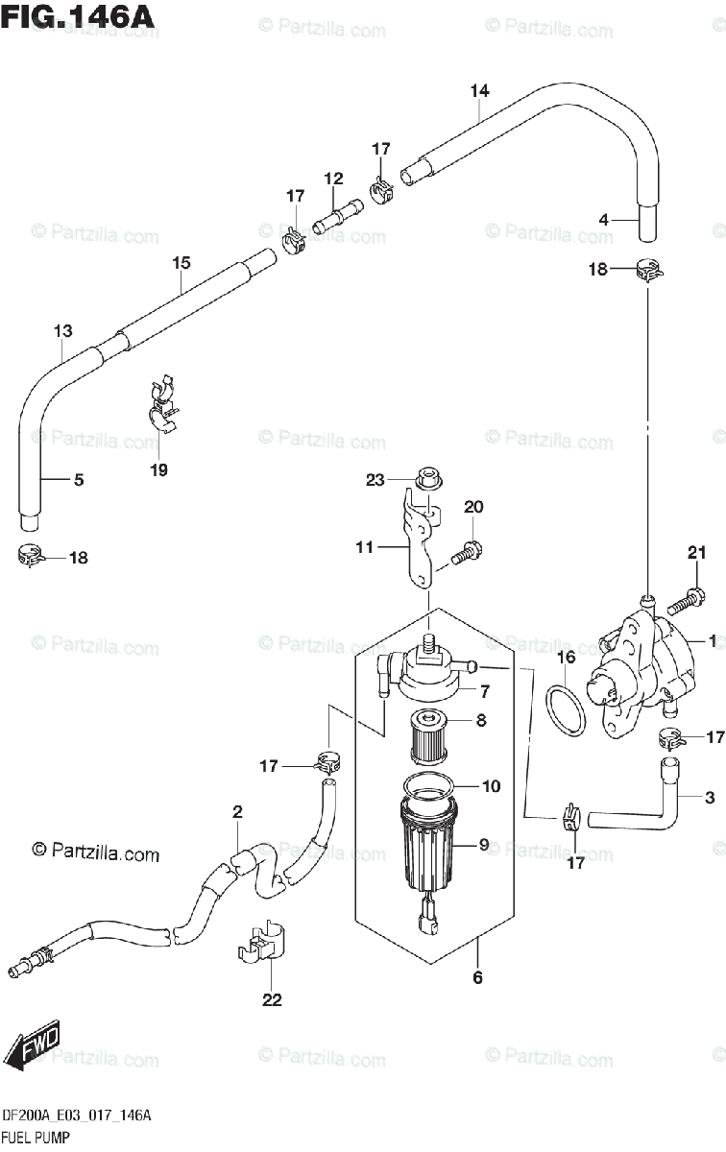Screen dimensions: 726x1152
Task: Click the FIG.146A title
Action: point(77,17)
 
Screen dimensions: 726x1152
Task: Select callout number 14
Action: point(479,91)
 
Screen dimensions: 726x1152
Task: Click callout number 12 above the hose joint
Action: point(333,179)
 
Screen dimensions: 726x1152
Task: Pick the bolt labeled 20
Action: point(467,553)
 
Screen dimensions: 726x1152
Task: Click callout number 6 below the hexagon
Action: point(477,977)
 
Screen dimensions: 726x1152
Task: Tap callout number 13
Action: point(62,331)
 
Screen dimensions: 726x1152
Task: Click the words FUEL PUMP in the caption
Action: point(36,1137)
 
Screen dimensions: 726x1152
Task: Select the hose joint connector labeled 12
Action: point(337,215)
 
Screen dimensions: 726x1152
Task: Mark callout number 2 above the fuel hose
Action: point(237,812)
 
